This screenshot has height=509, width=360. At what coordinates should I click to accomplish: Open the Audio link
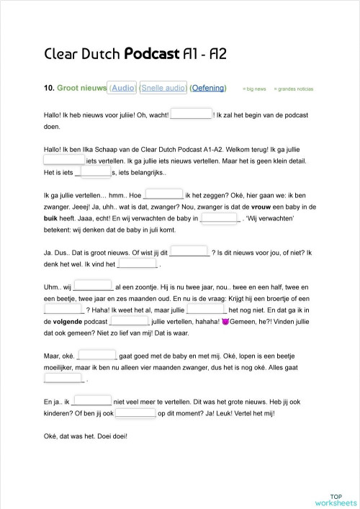coord(122,88)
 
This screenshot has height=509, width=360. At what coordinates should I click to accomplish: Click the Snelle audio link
coord(163,88)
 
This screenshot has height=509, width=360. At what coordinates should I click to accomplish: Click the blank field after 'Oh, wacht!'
coord(191,113)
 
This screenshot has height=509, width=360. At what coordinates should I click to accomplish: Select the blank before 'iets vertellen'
coord(64,160)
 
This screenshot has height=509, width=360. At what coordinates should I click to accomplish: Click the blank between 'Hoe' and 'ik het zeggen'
coord(163,193)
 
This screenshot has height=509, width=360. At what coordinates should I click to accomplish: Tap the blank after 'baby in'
coord(220,218)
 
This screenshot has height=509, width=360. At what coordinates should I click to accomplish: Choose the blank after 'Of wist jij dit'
coord(189,252)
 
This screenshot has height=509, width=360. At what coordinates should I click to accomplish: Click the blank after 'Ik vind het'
coord(136,264)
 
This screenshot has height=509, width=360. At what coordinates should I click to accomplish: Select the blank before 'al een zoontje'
coord(94,286)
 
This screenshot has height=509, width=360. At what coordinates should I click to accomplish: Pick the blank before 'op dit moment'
coord(135,413)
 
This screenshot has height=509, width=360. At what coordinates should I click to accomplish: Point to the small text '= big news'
coord(254,89)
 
